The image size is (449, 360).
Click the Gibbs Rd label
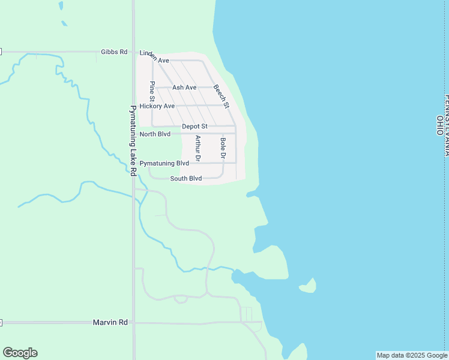tap(114, 52)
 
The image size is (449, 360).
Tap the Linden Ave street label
tap(154, 57)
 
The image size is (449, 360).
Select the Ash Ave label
tap(184, 88)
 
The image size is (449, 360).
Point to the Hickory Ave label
tap(157, 106)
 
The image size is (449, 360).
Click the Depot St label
tap(194, 127)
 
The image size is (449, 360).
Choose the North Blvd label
tap(155, 134)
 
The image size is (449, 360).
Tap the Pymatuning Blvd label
tap(164, 163)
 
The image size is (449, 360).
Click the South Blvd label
tap(185, 178)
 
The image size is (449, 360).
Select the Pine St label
tap(152, 91)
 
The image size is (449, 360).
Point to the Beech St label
tap(221, 96)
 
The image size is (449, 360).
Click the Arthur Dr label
tap(197, 148)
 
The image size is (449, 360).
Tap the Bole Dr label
tap(223, 148)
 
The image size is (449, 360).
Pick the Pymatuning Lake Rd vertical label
tap(133, 141)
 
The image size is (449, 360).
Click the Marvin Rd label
tap(110, 322)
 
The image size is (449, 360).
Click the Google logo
tap(20, 353)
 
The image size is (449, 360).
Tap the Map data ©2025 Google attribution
tap(412, 355)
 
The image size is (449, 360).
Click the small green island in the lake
tap(309, 286)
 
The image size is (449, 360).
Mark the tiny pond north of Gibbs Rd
tap(64, 24)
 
